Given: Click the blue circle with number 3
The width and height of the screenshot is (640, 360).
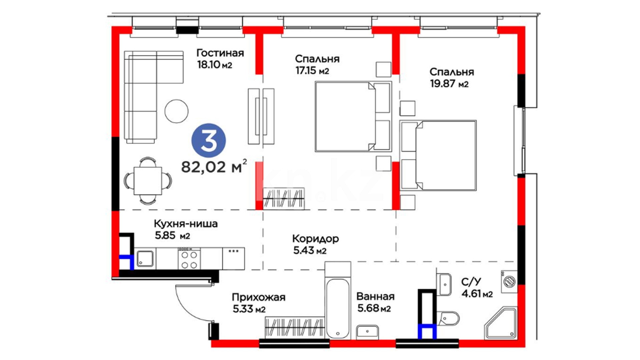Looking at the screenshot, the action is click(208, 140).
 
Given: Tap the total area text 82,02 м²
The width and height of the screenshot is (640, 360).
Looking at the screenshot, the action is click(214, 166).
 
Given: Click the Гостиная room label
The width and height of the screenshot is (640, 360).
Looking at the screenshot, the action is click(220, 53).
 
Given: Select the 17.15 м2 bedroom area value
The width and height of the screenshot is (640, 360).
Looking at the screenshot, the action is click(312, 71).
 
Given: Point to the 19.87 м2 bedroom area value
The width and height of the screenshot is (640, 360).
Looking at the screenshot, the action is click(449, 83).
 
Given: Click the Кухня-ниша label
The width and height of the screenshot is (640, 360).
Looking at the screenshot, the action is click(186, 223).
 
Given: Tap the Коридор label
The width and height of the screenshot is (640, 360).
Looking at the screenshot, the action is click(315, 239).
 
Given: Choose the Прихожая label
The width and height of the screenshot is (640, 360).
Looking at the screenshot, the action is click(259, 297).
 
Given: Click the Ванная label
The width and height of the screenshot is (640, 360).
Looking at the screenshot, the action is click(375, 296).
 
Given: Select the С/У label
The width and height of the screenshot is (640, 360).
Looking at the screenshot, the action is click(471, 282).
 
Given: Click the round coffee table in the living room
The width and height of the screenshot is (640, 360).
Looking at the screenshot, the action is click(176, 111).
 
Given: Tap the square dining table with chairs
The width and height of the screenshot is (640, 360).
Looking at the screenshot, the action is click(148, 181).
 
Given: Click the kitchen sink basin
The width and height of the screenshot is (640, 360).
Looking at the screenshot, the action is click(145, 259).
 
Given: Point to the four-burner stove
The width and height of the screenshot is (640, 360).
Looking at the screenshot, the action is click(189, 259).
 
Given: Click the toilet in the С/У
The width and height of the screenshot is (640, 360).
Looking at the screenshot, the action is click(449, 318).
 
